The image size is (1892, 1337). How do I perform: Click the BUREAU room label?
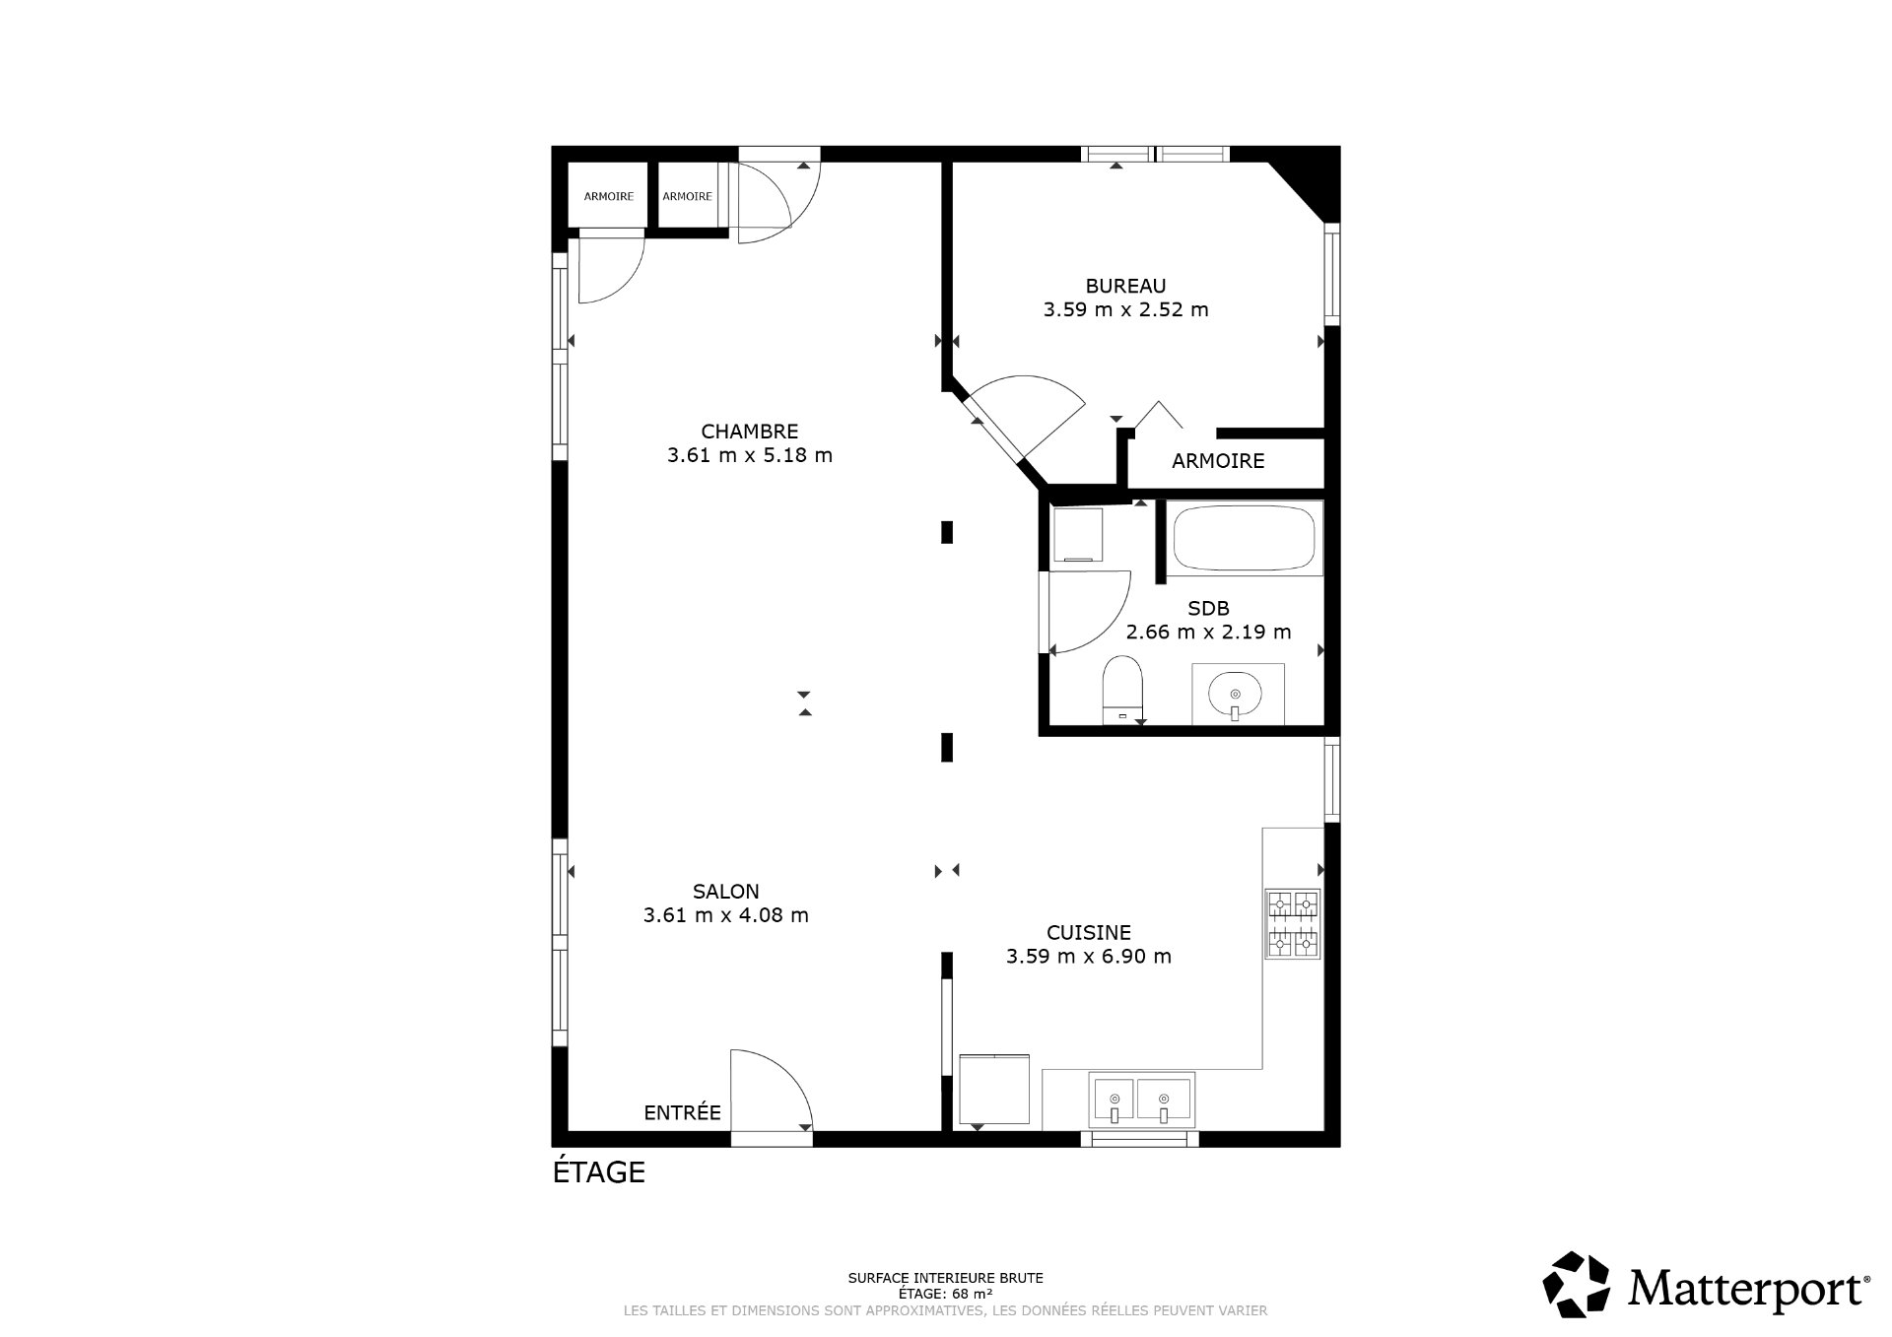tap(1125, 286)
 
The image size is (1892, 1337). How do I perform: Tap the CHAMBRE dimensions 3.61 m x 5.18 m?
tap(749, 455)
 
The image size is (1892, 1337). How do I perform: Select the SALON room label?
tap(725, 891)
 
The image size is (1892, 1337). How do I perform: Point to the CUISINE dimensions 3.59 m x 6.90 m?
tap(1088, 956)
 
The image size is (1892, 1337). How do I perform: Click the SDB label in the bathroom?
tap(1208, 609)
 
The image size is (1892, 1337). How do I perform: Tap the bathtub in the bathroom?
tap(1243, 538)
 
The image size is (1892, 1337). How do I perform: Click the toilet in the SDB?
tap(1122, 686)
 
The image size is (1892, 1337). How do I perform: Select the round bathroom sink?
tap(1237, 693)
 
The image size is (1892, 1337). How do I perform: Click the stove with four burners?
tap(1293, 923)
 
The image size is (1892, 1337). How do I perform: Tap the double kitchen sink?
tap(1141, 1100)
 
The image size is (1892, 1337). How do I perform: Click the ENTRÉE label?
tap(682, 1112)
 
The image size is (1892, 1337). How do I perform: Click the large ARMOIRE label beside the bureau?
tap(1218, 461)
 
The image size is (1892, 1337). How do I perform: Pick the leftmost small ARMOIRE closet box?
tap(608, 196)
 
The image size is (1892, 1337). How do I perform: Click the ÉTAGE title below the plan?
tap(598, 1171)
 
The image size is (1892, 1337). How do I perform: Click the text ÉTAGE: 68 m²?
tap(944, 1293)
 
